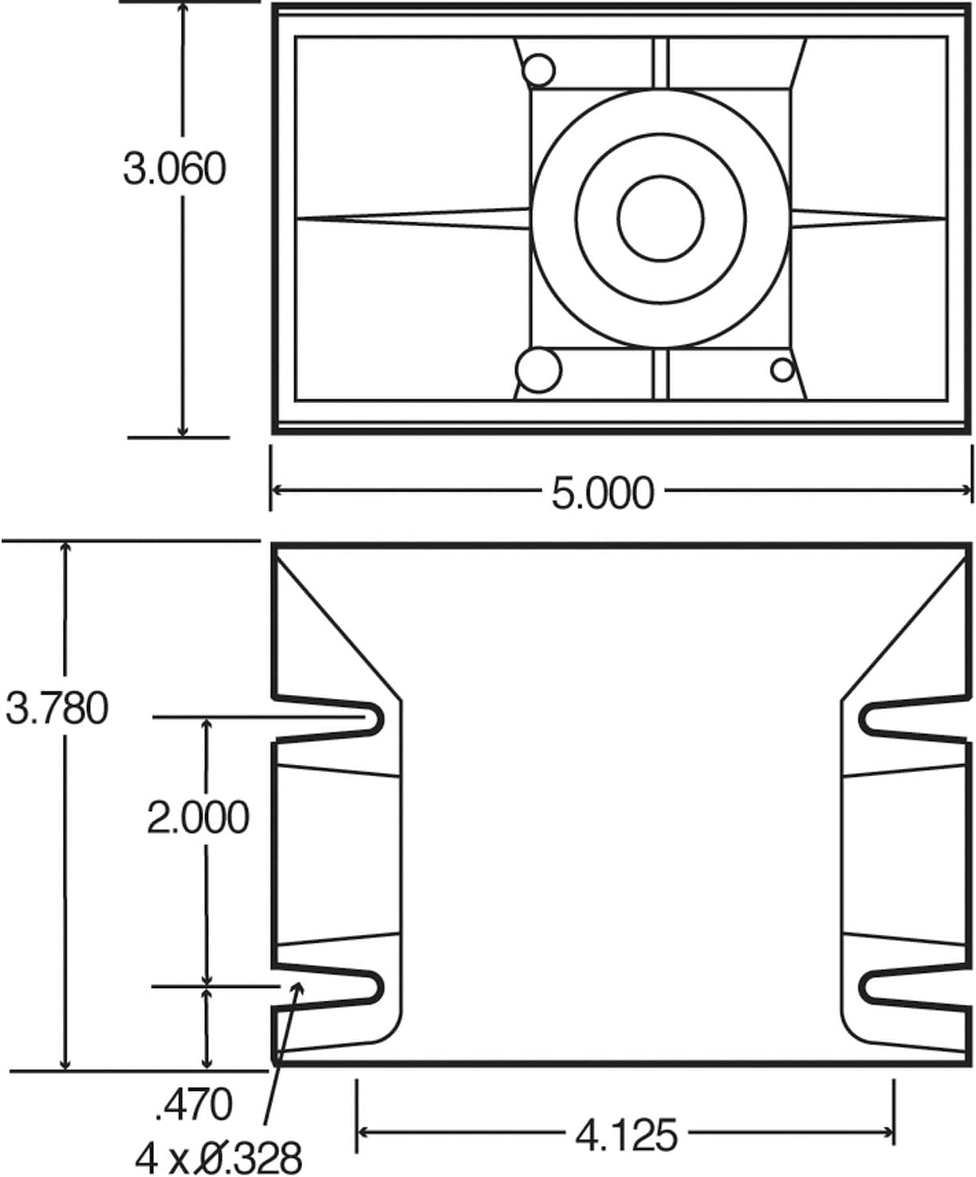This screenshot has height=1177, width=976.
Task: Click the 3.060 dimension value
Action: (174, 169)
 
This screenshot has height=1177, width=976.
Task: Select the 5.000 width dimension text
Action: (602, 492)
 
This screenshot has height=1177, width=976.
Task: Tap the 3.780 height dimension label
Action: (57, 708)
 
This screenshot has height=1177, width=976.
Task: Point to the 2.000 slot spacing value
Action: (198, 818)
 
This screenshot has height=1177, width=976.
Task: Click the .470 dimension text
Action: (193, 1104)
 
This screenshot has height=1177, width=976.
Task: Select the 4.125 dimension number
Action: (626, 1134)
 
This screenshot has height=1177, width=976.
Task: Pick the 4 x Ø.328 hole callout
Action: (219, 1157)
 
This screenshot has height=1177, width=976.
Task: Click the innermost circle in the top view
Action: (660, 218)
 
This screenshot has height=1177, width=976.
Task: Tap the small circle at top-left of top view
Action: (538, 70)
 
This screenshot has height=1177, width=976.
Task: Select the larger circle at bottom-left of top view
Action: (538, 370)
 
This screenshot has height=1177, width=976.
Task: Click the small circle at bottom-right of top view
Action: (782, 369)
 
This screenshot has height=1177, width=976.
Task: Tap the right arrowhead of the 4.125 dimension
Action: (887, 1131)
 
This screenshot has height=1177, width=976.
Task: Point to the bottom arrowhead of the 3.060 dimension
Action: (183, 430)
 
